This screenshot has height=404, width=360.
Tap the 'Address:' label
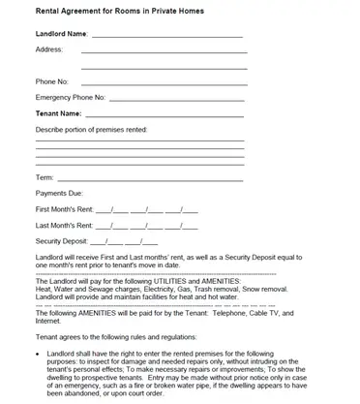(48, 48)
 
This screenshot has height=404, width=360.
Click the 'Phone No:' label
(52, 81)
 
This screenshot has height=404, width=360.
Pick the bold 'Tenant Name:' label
(57, 113)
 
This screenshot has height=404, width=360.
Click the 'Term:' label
(45, 177)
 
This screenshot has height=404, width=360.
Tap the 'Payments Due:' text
(60, 193)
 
